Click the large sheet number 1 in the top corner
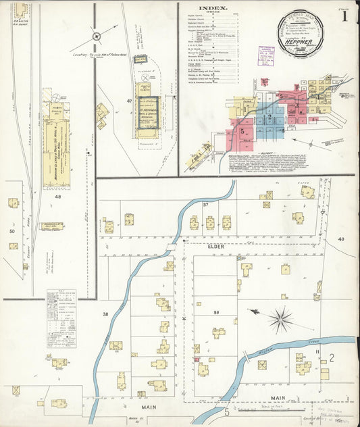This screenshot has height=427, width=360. (344, 17)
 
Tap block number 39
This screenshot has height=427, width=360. (216, 312)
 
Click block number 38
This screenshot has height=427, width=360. (105, 314)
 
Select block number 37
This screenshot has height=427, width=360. (205, 204)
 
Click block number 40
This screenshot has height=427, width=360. (341, 239)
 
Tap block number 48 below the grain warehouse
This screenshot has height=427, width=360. (58, 197)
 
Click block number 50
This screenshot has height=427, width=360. (11, 231)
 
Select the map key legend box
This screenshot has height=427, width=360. (61, 318)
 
